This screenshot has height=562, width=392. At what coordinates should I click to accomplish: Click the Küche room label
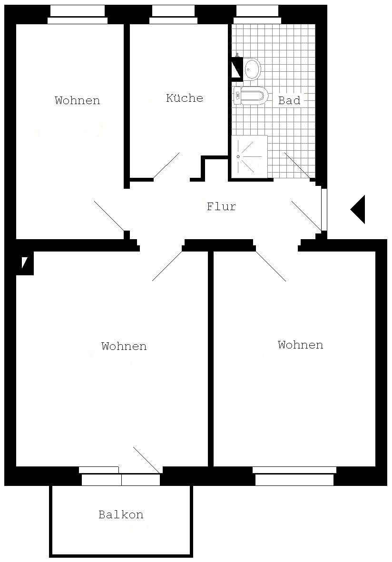[x=184, y=98]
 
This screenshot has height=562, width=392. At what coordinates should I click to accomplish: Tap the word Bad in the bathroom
[x=289, y=100]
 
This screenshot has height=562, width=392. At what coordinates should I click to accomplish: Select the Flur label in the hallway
[x=221, y=206]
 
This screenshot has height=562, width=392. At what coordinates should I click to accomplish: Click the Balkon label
[x=121, y=514]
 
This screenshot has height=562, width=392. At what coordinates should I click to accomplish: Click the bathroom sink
[x=252, y=68]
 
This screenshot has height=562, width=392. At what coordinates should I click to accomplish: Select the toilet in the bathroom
[x=250, y=96]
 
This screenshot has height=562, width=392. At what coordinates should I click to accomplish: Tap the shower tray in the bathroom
[x=249, y=156]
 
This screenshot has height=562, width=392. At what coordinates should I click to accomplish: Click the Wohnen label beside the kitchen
[x=77, y=100]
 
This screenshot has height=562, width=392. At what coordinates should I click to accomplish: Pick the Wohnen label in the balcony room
[x=124, y=346]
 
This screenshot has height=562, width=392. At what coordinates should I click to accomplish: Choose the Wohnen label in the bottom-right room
[x=300, y=345]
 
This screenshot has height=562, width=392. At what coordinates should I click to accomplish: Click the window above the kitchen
[x=174, y=15]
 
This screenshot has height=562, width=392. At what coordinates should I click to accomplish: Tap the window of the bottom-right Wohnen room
[x=294, y=475]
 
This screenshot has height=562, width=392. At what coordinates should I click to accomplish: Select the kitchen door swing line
[x=166, y=165]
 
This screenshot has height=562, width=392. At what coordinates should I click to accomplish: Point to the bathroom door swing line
[x=298, y=165]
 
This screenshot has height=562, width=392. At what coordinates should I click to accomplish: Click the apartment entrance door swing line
[x=307, y=216]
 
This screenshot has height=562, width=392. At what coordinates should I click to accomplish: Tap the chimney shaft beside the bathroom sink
[x=237, y=68]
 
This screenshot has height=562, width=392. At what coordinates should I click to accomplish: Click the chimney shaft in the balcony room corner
[x=25, y=263]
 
